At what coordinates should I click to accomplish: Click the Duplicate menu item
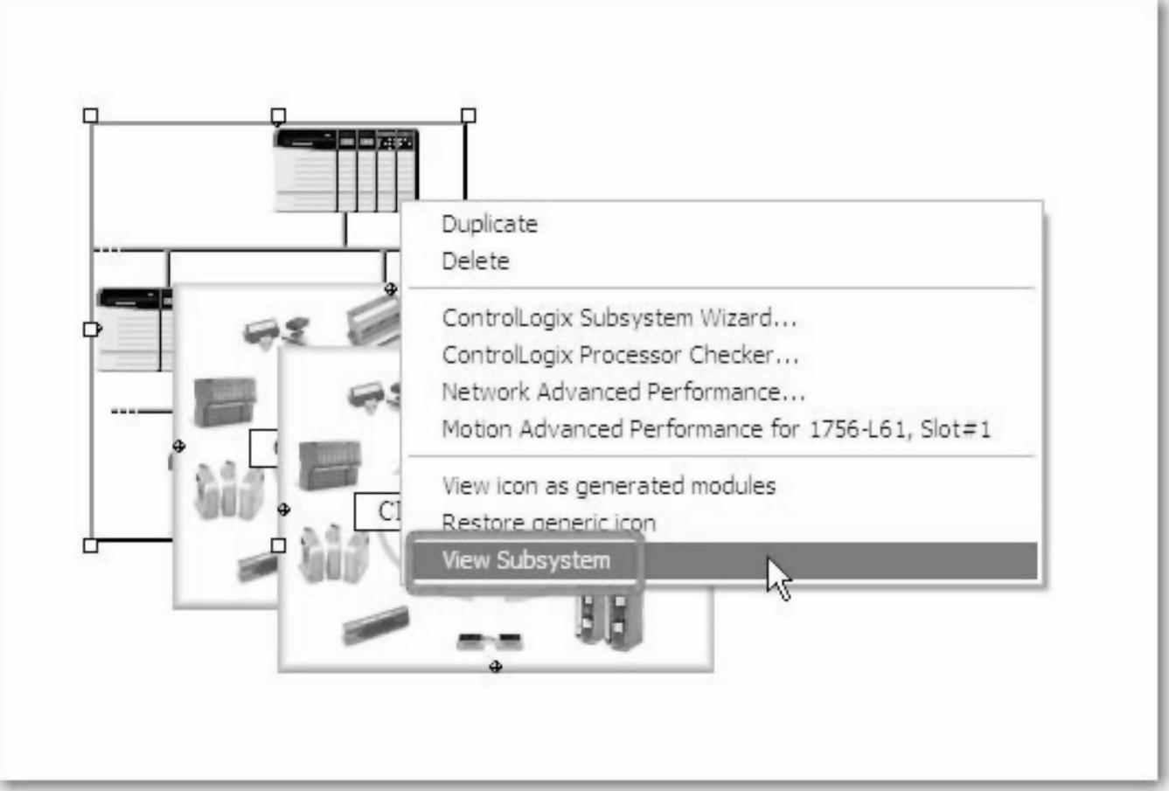click(x=490, y=224)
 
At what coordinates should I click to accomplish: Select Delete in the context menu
click(x=476, y=260)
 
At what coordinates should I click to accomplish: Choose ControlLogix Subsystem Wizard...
click(x=619, y=317)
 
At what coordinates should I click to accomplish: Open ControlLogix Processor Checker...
click(x=620, y=355)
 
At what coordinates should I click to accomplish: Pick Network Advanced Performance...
click(x=623, y=392)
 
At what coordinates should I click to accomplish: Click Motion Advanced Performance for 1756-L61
click(x=716, y=429)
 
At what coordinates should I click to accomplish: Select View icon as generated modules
click(x=609, y=485)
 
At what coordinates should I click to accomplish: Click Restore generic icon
click(x=548, y=523)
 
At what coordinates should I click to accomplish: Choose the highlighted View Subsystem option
click(x=526, y=560)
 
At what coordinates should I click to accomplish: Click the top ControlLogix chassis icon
click(x=346, y=170)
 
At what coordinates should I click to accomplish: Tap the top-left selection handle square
click(x=90, y=115)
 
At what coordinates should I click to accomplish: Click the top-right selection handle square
click(x=468, y=115)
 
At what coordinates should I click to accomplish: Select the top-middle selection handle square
click(x=278, y=115)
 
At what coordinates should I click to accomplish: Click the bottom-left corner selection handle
click(x=90, y=545)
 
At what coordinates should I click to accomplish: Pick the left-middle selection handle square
click(x=90, y=329)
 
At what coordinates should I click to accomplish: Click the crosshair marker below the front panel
click(x=496, y=668)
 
